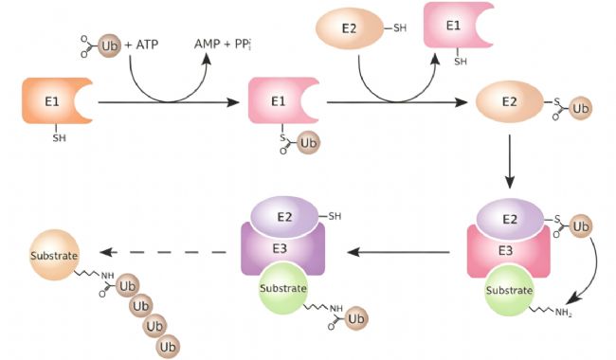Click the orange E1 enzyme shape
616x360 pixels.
tap(55, 100)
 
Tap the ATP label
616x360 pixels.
tap(147, 45)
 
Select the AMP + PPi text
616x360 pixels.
tap(223, 44)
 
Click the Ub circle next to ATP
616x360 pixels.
tap(109, 45)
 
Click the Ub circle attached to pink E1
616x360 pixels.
tap(308, 142)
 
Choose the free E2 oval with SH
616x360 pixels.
tap(350, 28)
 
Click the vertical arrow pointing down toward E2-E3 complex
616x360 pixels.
tap(510, 161)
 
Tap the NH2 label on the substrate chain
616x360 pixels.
tap(563, 313)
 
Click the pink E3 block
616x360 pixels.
tap(509, 250)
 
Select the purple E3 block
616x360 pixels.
tap(282, 248)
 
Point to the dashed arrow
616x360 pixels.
tap(163, 252)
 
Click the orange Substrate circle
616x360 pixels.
tap(55, 255)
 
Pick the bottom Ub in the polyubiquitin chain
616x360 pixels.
tap(168, 347)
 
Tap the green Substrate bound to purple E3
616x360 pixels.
tap(282, 289)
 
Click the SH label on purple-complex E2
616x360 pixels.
tap(335, 216)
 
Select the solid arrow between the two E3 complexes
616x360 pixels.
tap(399, 252)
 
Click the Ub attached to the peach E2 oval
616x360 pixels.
tap(580, 108)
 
